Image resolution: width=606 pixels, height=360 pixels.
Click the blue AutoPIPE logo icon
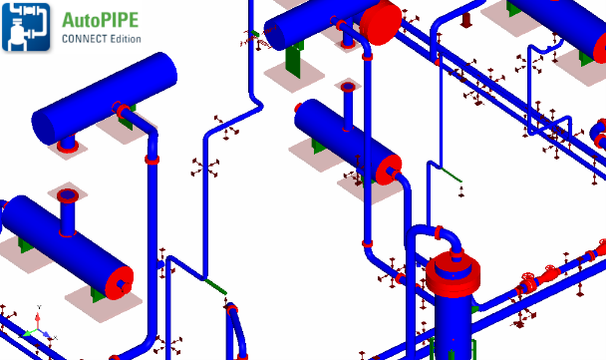pyautogui.click(x=26, y=27)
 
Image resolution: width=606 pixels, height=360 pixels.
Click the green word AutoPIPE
pyautogui.click(x=100, y=20)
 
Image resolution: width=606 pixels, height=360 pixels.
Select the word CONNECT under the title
pyautogui.click(x=85, y=39)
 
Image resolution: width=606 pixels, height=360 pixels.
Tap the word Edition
pyautogui.click(x=126, y=39)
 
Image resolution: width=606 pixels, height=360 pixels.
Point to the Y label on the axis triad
pyautogui.click(x=39, y=307)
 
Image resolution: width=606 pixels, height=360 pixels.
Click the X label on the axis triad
pyautogui.click(x=55, y=338)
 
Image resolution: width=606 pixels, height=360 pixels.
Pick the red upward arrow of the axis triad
pyautogui.click(x=38, y=320)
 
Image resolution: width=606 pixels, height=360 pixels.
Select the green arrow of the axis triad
pyautogui.click(x=29, y=332)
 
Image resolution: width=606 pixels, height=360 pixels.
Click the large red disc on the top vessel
pyautogui.click(x=381, y=23)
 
